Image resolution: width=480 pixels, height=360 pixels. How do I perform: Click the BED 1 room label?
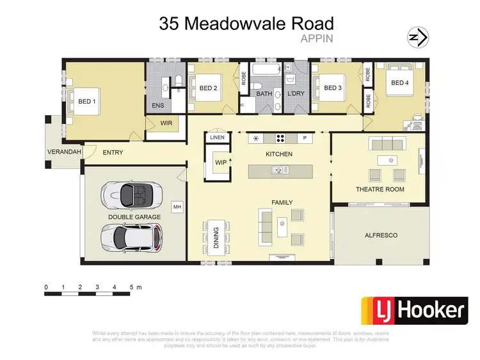(x=87, y=102)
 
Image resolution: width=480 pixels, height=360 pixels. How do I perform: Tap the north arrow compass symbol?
(x=419, y=38)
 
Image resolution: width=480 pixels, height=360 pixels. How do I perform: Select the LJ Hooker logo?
(x=413, y=311)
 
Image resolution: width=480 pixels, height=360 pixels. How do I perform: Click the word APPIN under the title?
(x=317, y=38)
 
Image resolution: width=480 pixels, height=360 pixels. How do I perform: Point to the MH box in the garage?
(x=177, y=207)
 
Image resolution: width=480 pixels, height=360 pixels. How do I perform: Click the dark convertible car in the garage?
(x=133, y=193)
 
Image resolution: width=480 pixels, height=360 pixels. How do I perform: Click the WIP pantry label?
(x=220, y=162)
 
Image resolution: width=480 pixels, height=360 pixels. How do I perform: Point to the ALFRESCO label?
(x=380, y=235)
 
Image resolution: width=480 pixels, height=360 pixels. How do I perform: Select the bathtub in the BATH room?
(x=265, y=70)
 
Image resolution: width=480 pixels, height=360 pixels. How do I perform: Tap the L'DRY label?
(x=296, y=94)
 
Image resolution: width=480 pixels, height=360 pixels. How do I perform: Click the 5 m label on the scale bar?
(x=135, y=287)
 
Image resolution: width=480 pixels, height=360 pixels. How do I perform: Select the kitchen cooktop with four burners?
(x=280, y=138)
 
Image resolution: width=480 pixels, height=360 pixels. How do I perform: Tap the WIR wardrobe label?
(x=166, y=123)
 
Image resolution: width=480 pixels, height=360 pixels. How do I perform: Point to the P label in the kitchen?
(x=305, y=138)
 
